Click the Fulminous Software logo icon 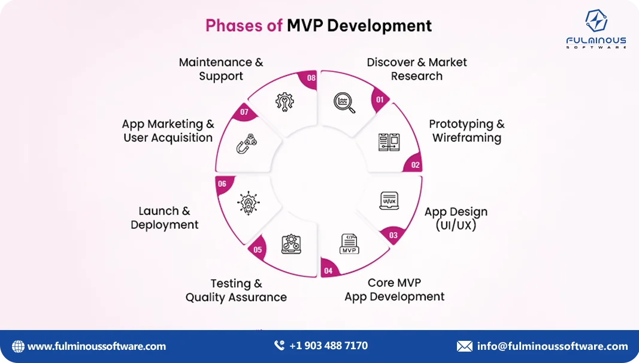point(596,22)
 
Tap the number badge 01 point(378,100)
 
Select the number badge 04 point(328,271)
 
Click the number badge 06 point(222,184)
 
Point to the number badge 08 point(311,78)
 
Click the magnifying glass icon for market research point(344,102)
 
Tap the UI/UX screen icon point(389,201)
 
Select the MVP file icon point(349,244)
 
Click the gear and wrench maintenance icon point(285,102)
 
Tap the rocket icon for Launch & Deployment point(249,202)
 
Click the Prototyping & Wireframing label point(467,131)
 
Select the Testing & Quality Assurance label point(236,291)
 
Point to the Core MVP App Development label point(394,289)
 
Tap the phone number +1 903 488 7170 point(328,346)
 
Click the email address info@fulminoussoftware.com point(552,346)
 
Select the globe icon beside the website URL point(19,346)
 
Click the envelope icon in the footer point(464,346)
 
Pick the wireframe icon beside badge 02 point(389,142)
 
